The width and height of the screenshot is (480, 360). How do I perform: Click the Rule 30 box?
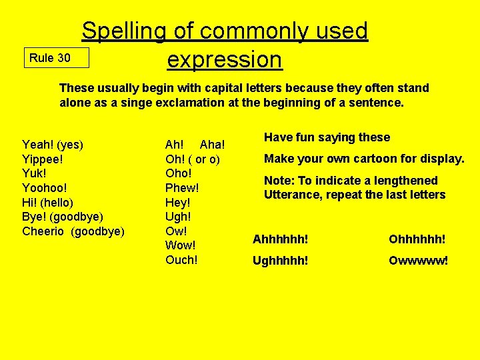click(56, 58)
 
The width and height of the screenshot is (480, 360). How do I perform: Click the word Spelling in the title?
click(124, 31)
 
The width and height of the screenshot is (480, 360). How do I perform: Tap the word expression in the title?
click(225, 59)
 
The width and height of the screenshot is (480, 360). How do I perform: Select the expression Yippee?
click(43, 159)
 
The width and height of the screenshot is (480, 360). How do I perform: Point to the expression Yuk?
click(34, 173)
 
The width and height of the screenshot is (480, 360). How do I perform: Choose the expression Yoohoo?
click(45, 188)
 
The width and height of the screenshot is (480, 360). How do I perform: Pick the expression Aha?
click(212, 145)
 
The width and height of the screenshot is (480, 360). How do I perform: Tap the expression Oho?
click(178, 173)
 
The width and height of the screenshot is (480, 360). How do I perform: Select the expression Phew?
click(182, 188)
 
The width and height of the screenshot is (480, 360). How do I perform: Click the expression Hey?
click(178, 202)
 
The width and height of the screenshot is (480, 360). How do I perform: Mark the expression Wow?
click(180, 245)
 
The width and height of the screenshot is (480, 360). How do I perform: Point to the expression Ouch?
click(181, 260)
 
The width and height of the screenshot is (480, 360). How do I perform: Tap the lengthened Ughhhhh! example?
click(280, 260)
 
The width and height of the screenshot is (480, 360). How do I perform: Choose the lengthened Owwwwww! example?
click(419, 260)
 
